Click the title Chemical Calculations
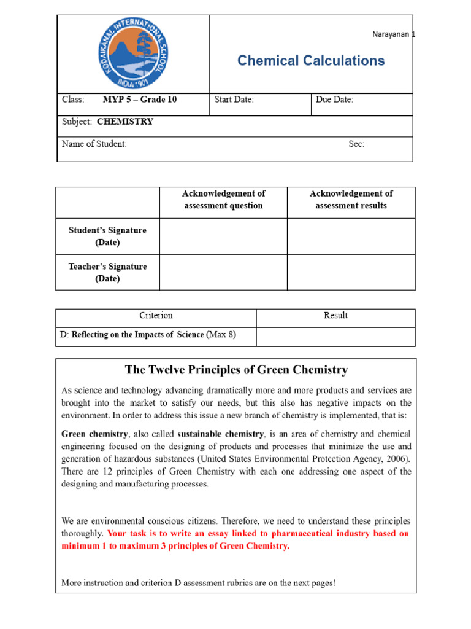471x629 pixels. click(x=311, y=60)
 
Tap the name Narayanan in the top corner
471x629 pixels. click(x=392, y=35)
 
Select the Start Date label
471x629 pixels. click(x=234, y=100)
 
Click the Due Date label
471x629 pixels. click(x=334, y=100)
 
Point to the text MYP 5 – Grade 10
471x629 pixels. click(x=140, y=100)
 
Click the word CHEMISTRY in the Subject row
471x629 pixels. click(x=125, y=122)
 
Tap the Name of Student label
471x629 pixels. click(x=94, y=144)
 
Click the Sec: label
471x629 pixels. click(x=356, y=144)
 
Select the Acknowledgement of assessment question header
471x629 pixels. click(x=223, y=200)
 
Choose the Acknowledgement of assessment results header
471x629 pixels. click(x=351, y=200)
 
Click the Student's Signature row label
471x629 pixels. click(x=107, y=236)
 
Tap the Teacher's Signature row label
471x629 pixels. click(x=107, y=273)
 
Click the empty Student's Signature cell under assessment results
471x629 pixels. click(x=351, y=236)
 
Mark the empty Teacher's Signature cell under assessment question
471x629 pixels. click(x=223, y=273)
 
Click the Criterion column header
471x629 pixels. click(x=156, y=316)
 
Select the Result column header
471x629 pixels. click(x=335, y=316)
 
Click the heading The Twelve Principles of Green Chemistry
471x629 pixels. click(x=236, y=370)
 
